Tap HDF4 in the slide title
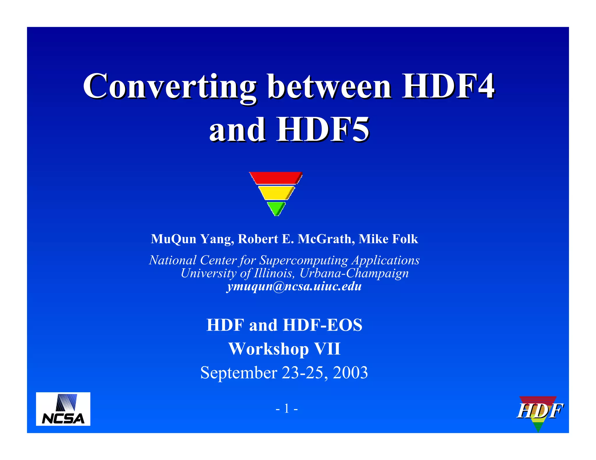coord(448,87)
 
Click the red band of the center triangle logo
coord(276,178)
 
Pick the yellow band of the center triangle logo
coord(276,193)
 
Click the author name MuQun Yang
coord(192,239)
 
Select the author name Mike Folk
coord(388,239)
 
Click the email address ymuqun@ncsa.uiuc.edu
coord(294,286)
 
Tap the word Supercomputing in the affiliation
coord(304,260)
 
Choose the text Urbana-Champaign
coord(354,273)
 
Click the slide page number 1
coord(287,409)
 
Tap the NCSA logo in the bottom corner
coord(63,409)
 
